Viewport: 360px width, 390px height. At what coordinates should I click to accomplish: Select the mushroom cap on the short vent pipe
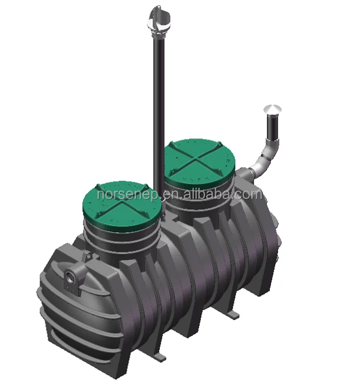point(272,110)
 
